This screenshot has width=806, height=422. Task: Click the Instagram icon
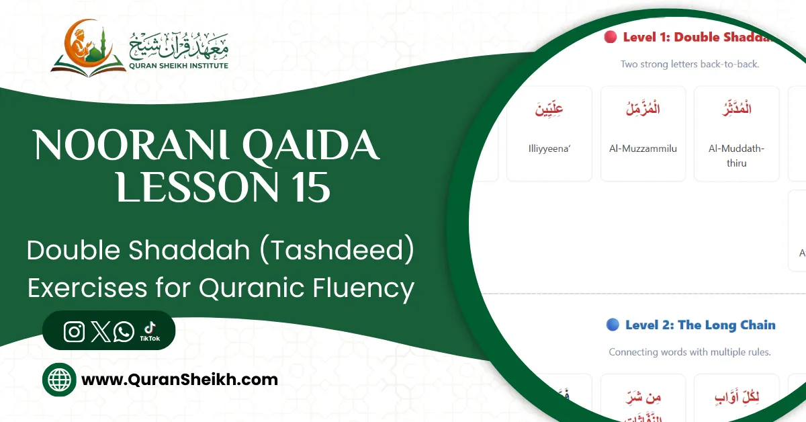[x=74, y=332]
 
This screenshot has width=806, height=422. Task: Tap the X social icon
[x=99, y=332]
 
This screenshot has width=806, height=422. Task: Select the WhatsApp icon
[x=124, y=332]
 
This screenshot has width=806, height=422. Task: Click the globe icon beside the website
[x=60, y=380]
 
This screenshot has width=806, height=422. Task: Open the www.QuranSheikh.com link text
[x=179, y=380]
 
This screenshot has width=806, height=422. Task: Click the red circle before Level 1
[x=610, y=38]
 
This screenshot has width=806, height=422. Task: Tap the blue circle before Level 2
[x=613, y=325]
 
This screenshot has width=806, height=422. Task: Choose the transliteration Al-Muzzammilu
[x=643, y=149]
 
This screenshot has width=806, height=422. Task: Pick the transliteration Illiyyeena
[x=549, y=149]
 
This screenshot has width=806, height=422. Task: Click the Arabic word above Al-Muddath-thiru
[x=736, y=109]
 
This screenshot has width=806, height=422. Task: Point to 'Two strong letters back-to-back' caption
[x=690, y=65]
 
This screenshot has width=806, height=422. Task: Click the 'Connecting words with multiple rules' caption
[x=690, y=351]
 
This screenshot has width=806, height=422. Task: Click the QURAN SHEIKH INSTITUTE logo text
[x=179, y=65]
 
